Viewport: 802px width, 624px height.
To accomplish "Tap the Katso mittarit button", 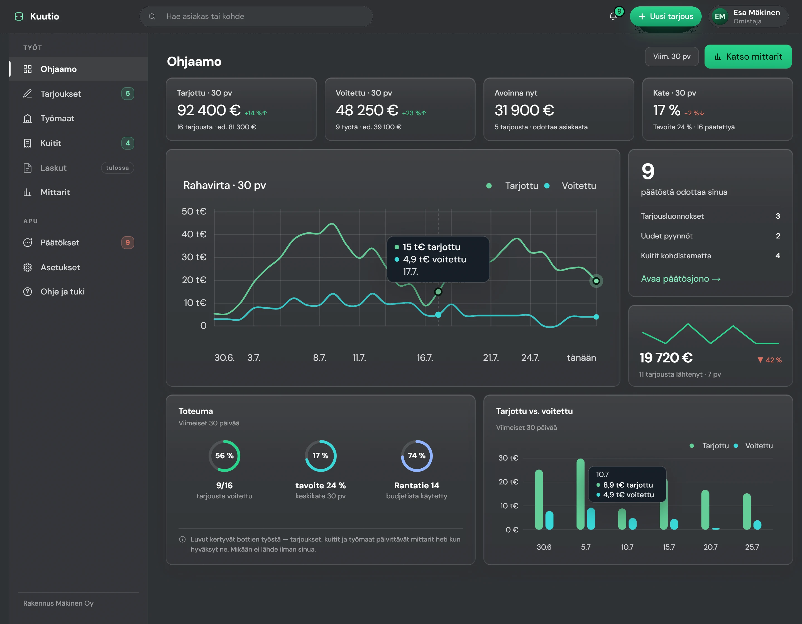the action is (748, 57).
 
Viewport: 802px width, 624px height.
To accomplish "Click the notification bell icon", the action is (613, 16).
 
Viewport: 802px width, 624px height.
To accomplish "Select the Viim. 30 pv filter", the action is (672, 57).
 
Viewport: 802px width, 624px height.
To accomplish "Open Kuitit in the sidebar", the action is (51, 143).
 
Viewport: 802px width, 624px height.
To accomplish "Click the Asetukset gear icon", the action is (28, 267).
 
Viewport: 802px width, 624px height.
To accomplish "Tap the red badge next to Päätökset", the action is (128, 242).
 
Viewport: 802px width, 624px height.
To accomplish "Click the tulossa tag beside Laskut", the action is (118, 168).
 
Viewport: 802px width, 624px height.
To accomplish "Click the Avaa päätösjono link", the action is (681, 279).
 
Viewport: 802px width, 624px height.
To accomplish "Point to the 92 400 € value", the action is (209, 110).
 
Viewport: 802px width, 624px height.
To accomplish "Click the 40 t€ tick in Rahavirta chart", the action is (194, 234).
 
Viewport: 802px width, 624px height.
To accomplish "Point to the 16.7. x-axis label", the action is (425, 358).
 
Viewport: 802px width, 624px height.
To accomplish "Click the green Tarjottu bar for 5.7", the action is (581, 494).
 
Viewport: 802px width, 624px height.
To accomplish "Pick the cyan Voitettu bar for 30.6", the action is (549, 520).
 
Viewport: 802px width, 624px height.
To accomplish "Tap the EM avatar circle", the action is (720, 16).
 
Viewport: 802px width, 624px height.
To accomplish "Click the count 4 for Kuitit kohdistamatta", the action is (778, 256).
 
